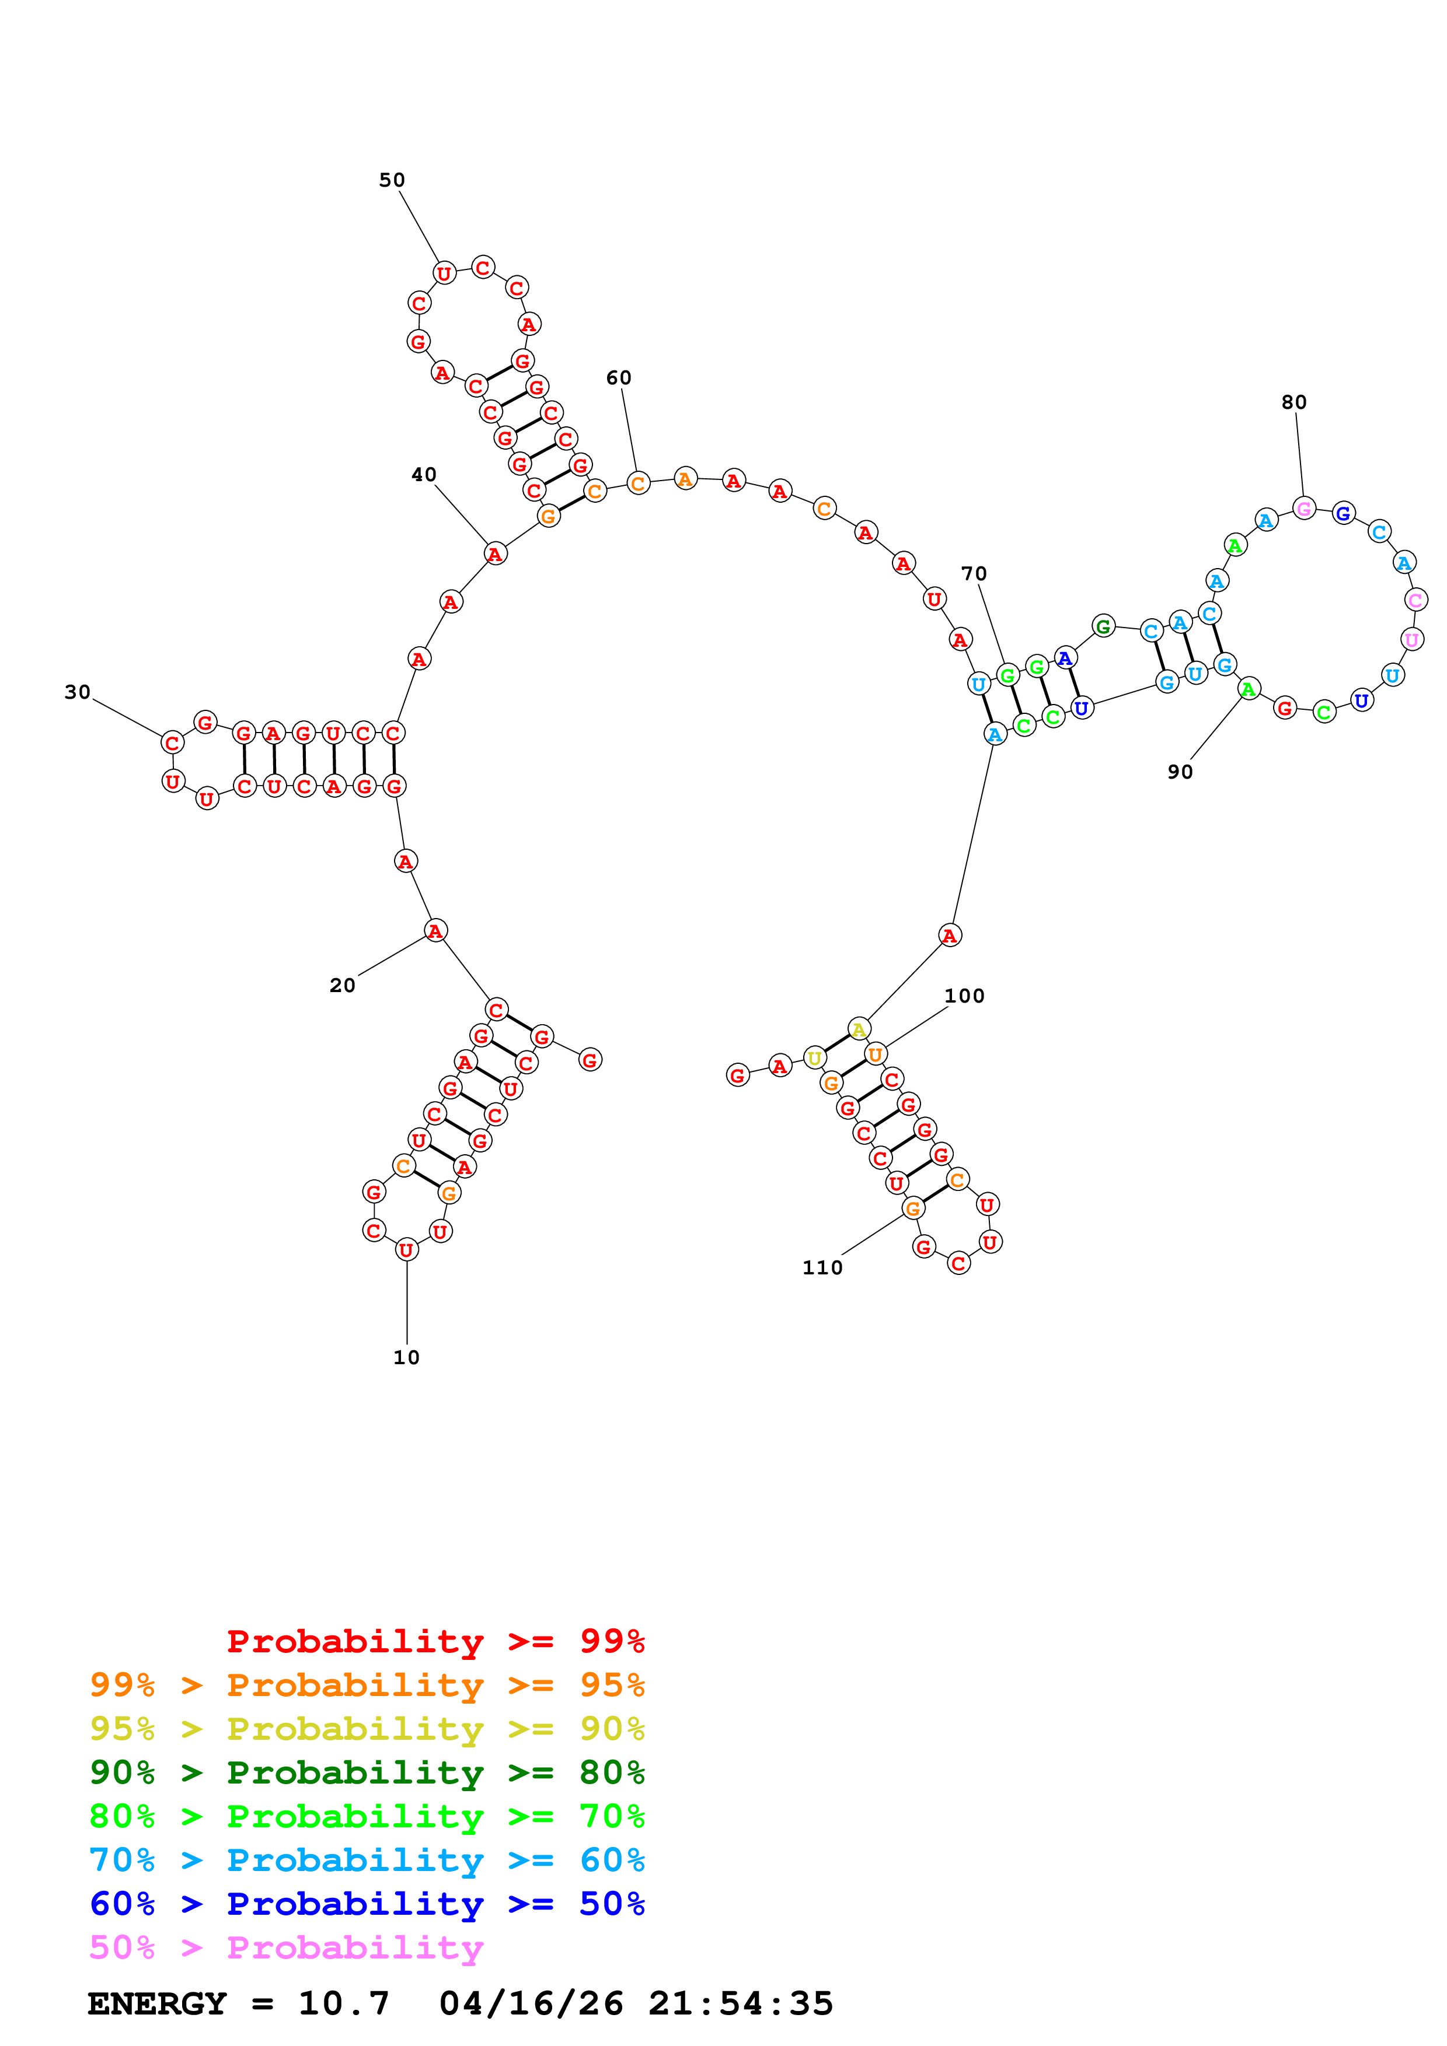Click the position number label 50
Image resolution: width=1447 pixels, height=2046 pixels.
coord(392,180)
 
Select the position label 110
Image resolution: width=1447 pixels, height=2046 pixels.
coord(822,1267)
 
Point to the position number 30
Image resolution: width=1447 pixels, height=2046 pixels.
coord(78,692)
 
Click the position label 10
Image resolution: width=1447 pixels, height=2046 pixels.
coord(407,1357)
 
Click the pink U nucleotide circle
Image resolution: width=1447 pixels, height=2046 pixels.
coord(1411,639)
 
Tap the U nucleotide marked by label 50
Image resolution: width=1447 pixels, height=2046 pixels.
coord(444,273)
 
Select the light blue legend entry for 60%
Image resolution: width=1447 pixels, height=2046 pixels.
coord(367,1860)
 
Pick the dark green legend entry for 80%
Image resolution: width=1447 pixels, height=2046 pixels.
coord(367,1772)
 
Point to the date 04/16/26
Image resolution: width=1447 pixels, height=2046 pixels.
coord(531,2003)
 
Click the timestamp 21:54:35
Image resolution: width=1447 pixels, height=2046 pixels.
coord(740,2003)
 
